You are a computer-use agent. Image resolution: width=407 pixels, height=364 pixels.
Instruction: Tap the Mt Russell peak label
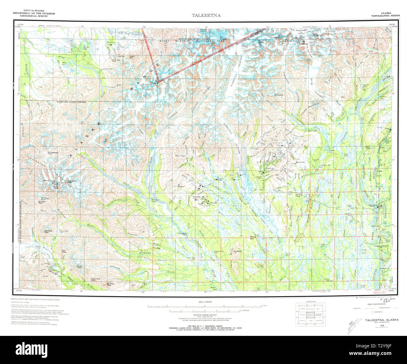click(155, 82)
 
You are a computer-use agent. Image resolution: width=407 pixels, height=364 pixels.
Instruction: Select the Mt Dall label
click(106, 140)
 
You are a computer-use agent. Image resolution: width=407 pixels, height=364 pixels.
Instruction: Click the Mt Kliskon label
click(181, 186)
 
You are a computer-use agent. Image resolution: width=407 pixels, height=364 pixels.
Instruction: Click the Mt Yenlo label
click(238, 251)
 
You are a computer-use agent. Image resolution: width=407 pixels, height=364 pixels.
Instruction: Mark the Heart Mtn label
click(132, 57)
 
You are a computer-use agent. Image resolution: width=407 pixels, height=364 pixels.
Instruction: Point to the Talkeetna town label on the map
click(373, 205)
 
